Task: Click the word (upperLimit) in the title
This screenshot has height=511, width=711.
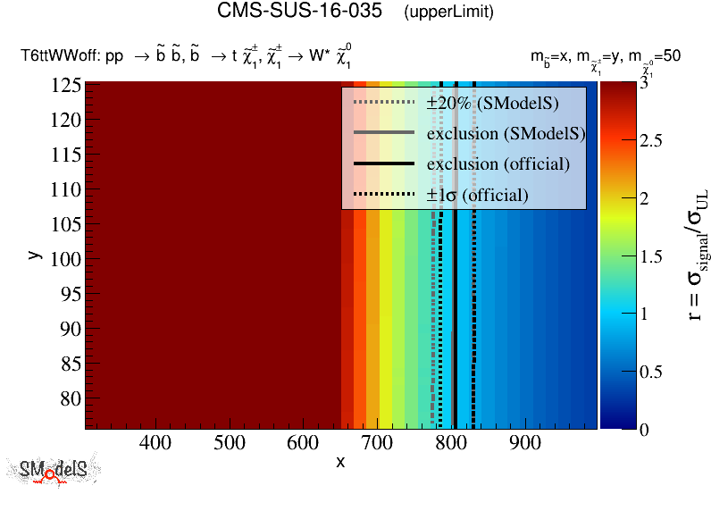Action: pos(448,13)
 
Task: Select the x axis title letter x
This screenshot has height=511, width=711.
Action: pos(340,462)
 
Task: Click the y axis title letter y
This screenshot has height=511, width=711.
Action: pos(34,255)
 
